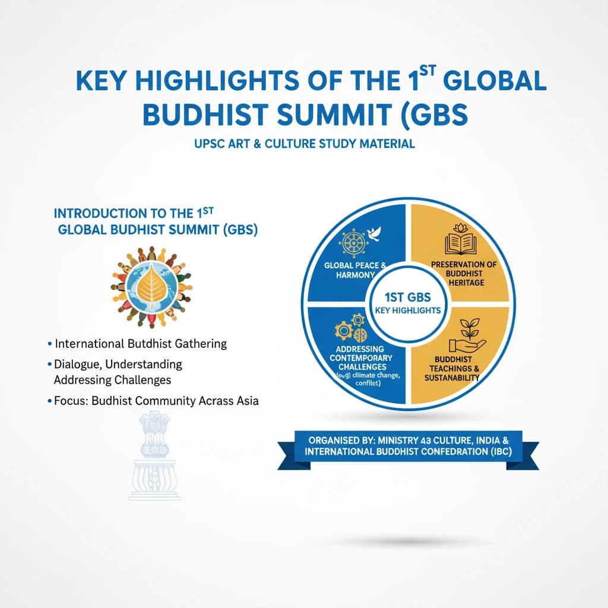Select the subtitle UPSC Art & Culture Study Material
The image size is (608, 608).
click(303, 144)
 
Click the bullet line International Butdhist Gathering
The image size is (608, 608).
click(140, 344)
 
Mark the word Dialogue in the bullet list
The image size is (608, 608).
click(80, 363)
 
